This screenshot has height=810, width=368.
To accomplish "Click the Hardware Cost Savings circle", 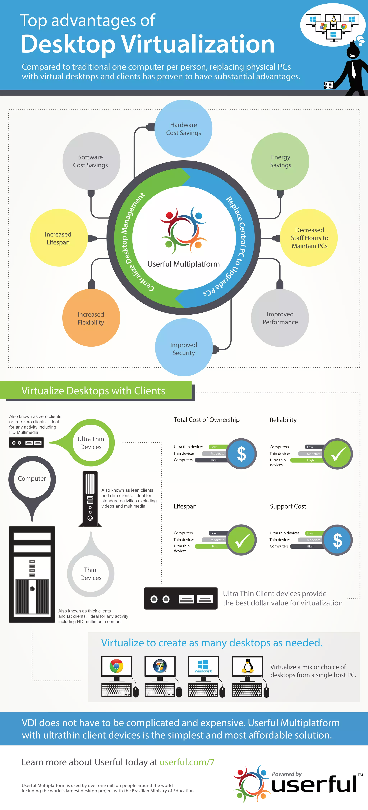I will [183, 129].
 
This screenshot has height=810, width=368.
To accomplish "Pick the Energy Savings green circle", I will [280, 161].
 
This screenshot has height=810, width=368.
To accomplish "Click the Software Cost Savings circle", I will [91, 161].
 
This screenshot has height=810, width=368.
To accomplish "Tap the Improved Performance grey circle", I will [280, 318].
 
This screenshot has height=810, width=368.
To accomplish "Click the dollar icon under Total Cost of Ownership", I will [241, 454].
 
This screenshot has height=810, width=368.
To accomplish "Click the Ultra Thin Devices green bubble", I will [91, 443].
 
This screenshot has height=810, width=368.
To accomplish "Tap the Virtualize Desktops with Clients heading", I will [93, 391].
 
